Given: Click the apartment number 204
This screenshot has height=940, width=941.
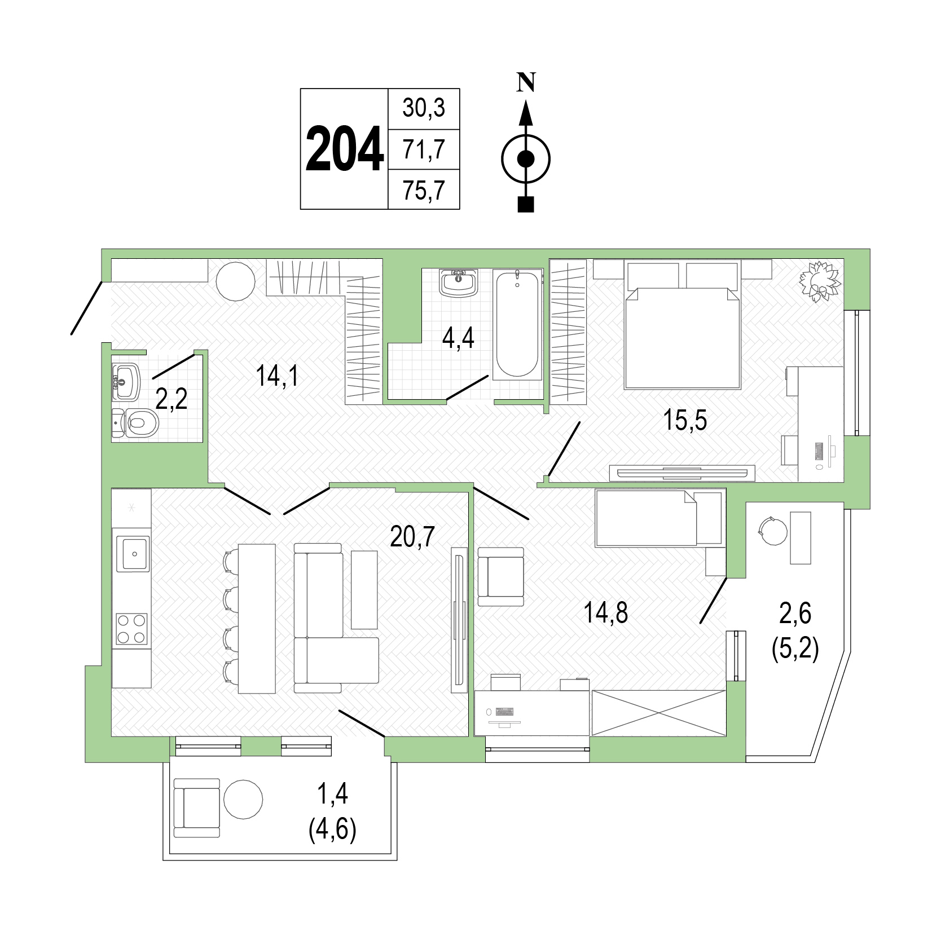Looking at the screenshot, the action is click(345, 149).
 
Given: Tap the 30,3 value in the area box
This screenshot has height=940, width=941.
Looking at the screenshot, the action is click(424, 108).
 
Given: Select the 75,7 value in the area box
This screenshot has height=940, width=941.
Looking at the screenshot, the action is click(424, 191).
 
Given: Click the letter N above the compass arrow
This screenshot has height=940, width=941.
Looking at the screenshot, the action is click(526, 83).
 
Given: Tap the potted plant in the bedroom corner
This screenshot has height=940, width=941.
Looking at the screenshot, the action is click(820, 281).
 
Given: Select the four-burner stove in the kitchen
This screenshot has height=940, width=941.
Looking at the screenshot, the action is click(131, 629).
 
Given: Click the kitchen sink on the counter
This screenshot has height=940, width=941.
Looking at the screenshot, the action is click(133, 553).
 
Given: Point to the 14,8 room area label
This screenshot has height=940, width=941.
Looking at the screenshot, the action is click(606, 612).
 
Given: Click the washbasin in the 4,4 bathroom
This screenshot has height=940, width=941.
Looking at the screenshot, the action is click(459, 283).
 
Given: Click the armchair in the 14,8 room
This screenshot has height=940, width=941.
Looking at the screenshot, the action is click(501, 576).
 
